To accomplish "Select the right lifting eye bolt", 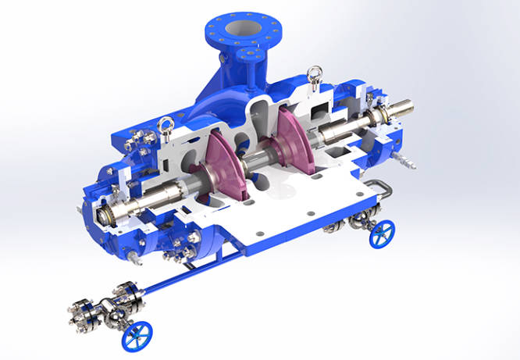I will coord(315,75).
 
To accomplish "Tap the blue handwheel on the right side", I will coord(382,233).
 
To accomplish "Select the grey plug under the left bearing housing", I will coord(134,258).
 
